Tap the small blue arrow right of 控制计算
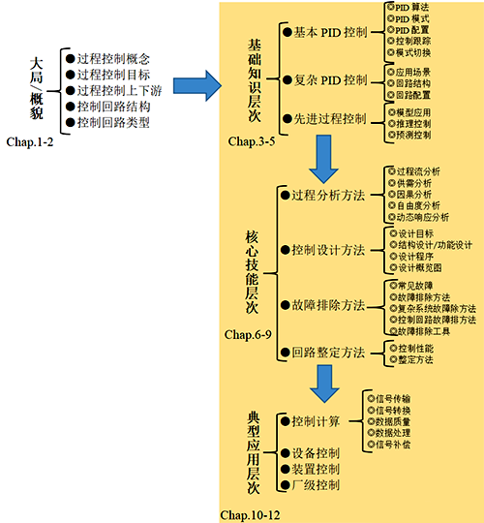[x=351, y=421]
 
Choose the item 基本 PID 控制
[x=323, y=32]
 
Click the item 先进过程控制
[x=323, y=118]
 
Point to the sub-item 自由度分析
[x=418, y=206]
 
